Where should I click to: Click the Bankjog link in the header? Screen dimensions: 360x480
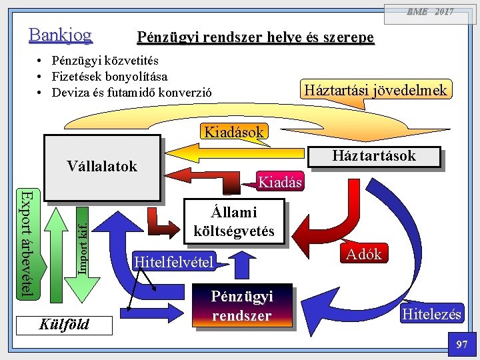[60, 35]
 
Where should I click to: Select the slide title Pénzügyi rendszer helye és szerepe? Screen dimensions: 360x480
[255, 37]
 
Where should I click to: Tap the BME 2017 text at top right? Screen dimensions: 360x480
[431, 11]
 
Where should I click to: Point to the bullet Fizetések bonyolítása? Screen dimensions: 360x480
[110, 77]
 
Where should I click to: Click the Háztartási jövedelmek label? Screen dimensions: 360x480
[375, 89]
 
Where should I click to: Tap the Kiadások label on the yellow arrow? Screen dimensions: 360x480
[233, 131]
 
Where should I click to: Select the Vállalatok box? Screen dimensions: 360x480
[102, 167]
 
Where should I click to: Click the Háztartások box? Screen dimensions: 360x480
[374, 157]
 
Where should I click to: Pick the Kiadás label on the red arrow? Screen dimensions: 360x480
[280, 181]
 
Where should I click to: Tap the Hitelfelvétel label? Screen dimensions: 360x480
[174, 262]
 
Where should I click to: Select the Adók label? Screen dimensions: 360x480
[363, 254]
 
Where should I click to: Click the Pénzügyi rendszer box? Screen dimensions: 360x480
[241, 305]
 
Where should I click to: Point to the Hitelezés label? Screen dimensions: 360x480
[431, 314]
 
